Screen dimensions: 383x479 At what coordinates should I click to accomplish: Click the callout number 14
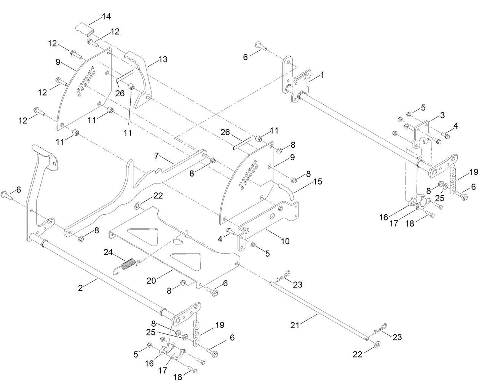[x=106, y=16]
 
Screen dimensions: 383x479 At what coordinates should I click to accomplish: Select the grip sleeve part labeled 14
[x=84, y=29]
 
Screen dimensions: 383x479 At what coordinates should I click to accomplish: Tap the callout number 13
[x=163, y=59]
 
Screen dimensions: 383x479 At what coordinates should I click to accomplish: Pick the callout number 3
[x=442, y=115]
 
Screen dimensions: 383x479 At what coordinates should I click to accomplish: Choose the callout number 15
[x=318, y=182]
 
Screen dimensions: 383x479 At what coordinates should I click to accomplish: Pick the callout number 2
[x=80, y=288]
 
